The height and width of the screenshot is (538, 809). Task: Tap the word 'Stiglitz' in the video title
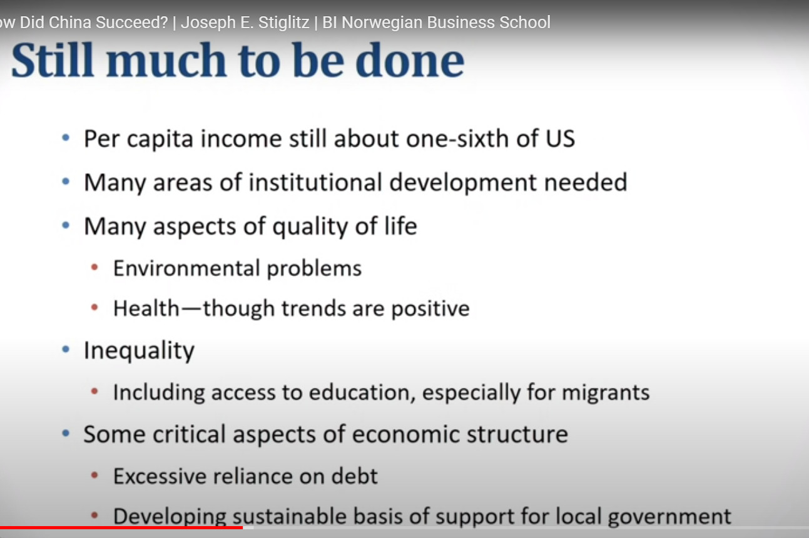(x=284, y=23)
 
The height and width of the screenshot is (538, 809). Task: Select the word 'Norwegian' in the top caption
(x=382, y=23)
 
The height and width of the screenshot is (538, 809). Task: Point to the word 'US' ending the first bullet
(x=560, y=139)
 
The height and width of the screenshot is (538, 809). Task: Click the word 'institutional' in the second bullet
(x=315, y=182)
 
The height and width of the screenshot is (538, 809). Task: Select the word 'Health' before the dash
(x=146, y=308)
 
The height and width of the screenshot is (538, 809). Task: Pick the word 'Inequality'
(x=139, y=350)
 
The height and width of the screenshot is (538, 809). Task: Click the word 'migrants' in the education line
(x=606, y=393)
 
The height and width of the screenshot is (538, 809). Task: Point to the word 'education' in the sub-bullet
(x=362, y=392)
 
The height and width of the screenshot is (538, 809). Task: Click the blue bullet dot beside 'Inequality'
(x=66, y=349)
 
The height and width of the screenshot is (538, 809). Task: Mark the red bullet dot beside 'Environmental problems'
(x=94, y=268)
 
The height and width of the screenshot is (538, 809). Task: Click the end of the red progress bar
(x=243, y=527)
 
